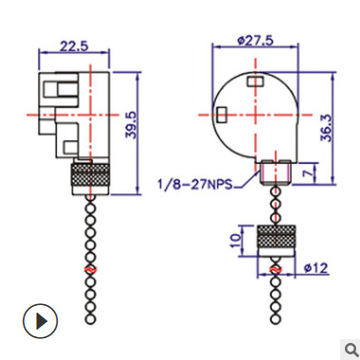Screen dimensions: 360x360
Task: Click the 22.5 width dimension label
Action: coord(74,46)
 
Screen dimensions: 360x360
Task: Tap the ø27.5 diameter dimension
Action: coord(256,41)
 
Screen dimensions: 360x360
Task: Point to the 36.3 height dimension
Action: coord(327,128)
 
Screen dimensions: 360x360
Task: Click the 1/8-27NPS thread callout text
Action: coord(195,184)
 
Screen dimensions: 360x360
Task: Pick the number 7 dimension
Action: coord(308,172)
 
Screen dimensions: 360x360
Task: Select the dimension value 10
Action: coord(236,241)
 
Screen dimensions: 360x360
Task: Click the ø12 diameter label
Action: coord(316,268)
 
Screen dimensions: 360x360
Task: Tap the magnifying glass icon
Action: coord(350,350)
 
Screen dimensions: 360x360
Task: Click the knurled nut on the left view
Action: coord(91,179)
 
